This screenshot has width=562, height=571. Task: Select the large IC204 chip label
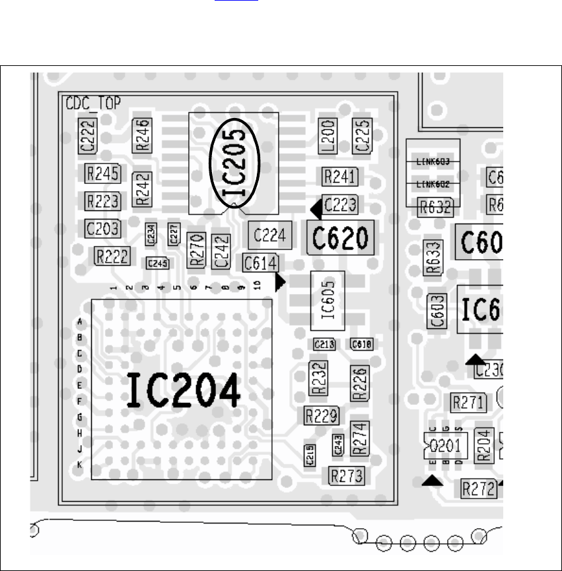tap(183, 391)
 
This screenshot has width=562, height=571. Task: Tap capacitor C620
tap(341, 237)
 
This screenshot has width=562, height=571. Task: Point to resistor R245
tap(102, 173)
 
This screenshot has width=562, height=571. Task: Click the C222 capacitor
tap(88, 136)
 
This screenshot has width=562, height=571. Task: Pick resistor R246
tap(143, 135)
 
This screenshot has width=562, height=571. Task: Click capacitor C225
tap(362, 136)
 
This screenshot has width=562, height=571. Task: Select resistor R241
tap(340, 177)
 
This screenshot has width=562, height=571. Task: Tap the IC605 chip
tap(328, 300)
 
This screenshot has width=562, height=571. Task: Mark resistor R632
tap(435, 207)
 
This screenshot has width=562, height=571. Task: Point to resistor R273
tap(347, 475)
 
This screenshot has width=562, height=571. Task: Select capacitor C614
tap(260, 262)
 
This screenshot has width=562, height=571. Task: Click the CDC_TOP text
tap(88, 104)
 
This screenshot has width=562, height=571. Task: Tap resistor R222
tap(112, 256)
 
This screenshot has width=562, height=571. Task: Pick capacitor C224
tap(269, 235)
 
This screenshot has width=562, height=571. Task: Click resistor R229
tap(322, 415)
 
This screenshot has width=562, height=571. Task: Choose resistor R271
tap(468, 402)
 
